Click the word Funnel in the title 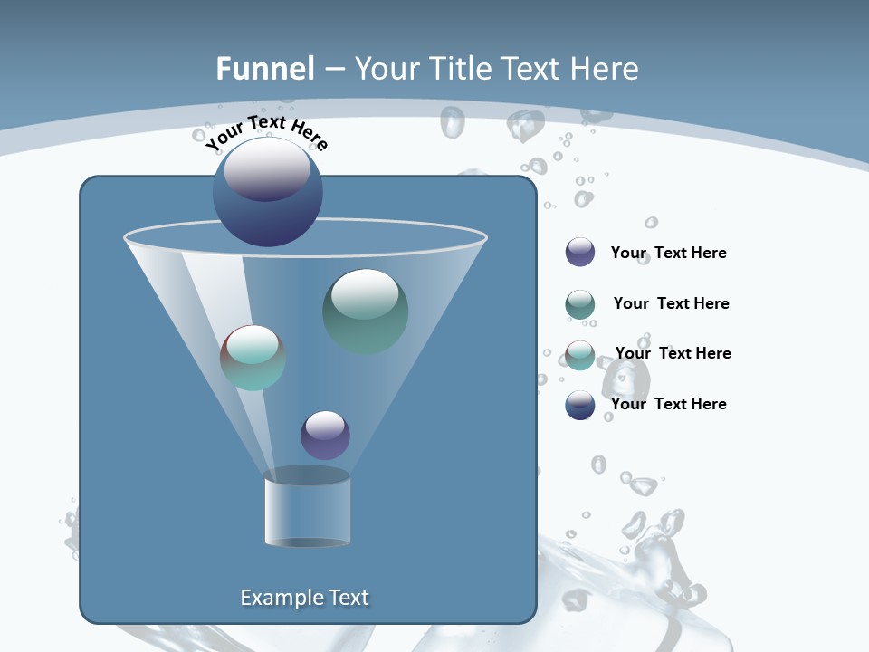point(264,69)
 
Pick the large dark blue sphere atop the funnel point(267,192)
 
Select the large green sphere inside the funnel point(365,311)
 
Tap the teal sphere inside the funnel point(253,358)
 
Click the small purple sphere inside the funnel point(325,435)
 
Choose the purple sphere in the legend point(580,253)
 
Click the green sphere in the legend point(580,304)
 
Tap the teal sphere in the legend point(580,355)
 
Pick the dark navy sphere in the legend point(580,405)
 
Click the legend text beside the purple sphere point(668,254)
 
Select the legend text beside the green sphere point(671,303)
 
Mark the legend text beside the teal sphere point(673,353)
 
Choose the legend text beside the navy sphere point(668,404)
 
